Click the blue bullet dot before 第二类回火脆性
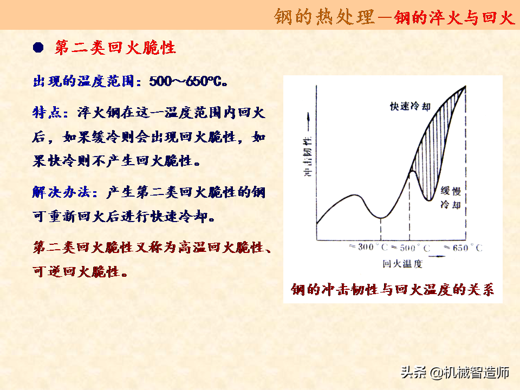[38, 48]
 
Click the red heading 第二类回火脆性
[115, 48]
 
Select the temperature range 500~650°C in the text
[188, 81]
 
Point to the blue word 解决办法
[61, 192]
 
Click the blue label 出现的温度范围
[83, 81]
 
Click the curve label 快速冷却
[410, 106]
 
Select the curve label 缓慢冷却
[451, 198]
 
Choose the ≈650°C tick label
[463, 248]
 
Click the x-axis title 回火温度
[402, 264]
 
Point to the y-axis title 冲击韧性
[308, 157]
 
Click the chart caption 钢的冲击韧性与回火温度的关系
[393, 289]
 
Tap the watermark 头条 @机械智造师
[454, 372]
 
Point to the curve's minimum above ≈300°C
[381, 218]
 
